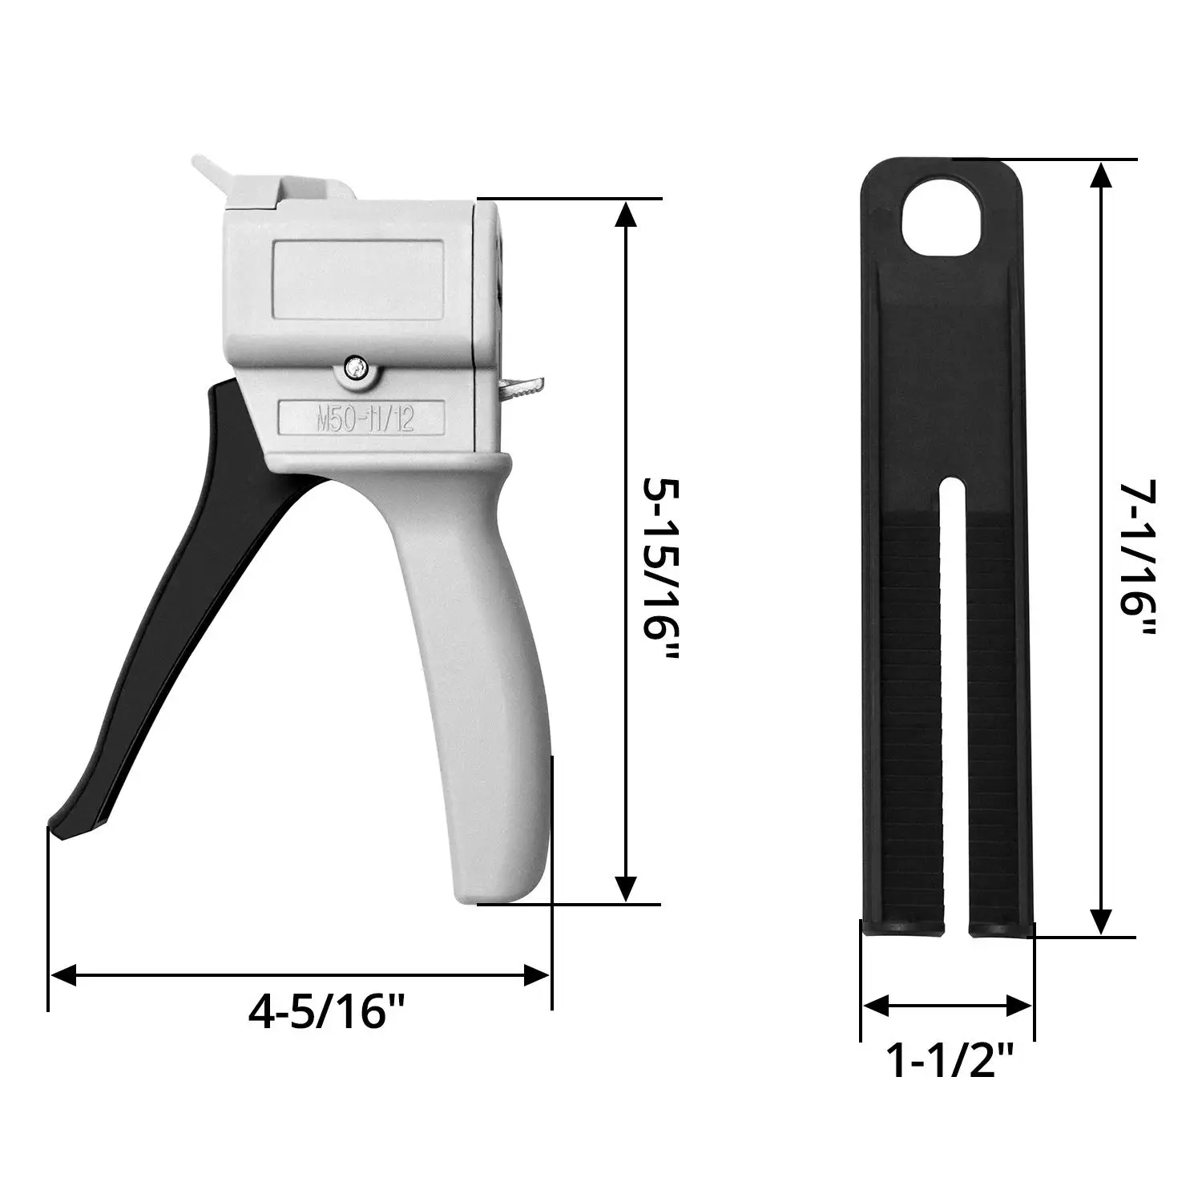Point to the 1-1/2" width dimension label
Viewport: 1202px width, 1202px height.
click(x=949, y=1061)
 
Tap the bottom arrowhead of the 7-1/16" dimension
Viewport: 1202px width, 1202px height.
click(x=1103, y=922)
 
